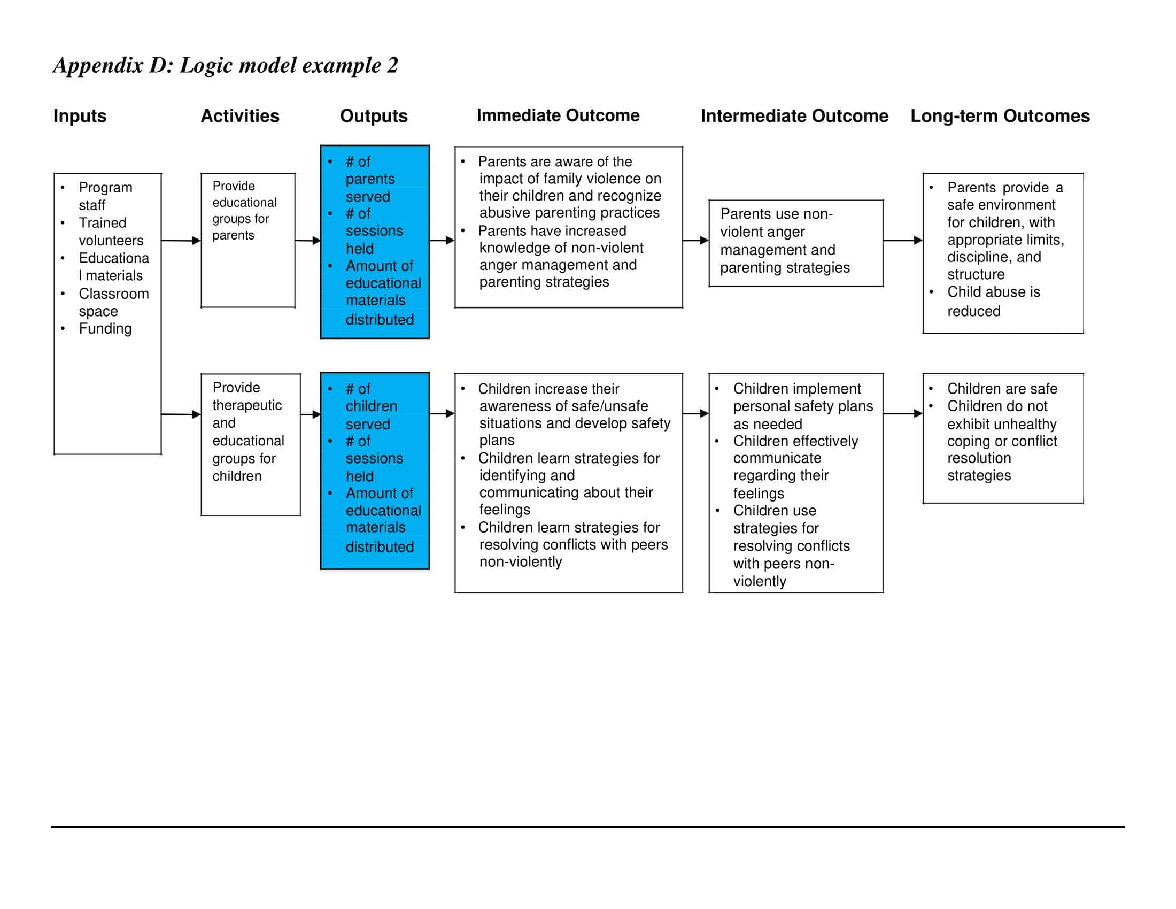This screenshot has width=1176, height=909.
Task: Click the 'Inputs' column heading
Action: (80, 116)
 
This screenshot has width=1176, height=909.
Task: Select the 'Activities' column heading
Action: (239, 116)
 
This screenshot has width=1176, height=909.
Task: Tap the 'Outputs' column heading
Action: (374, 116)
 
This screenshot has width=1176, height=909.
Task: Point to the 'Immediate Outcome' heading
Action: (558, 115)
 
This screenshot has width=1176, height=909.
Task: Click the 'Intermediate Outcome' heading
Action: (794, 116)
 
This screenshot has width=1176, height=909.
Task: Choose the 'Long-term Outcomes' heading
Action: (1000, 116)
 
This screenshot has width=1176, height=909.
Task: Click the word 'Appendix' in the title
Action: (98, 65)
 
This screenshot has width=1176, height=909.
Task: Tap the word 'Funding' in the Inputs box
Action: (105, 328)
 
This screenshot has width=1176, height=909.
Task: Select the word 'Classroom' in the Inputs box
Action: (114, 294)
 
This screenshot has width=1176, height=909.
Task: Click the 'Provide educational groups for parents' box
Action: (247, 240)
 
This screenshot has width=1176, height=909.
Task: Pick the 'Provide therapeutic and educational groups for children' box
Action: (250, 444)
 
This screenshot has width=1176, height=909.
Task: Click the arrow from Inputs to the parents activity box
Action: (181, 241)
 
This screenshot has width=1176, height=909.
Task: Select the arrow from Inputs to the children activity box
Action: (181, 414)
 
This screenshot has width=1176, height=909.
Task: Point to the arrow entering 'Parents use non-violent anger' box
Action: (695, 240)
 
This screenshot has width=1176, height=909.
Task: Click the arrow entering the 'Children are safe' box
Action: (903, 413)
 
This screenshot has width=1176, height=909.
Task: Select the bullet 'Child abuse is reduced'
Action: (993, 302)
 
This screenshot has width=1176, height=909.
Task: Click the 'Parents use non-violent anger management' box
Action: (796, 243)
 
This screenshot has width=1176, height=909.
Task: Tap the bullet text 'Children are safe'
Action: (1002, 388)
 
